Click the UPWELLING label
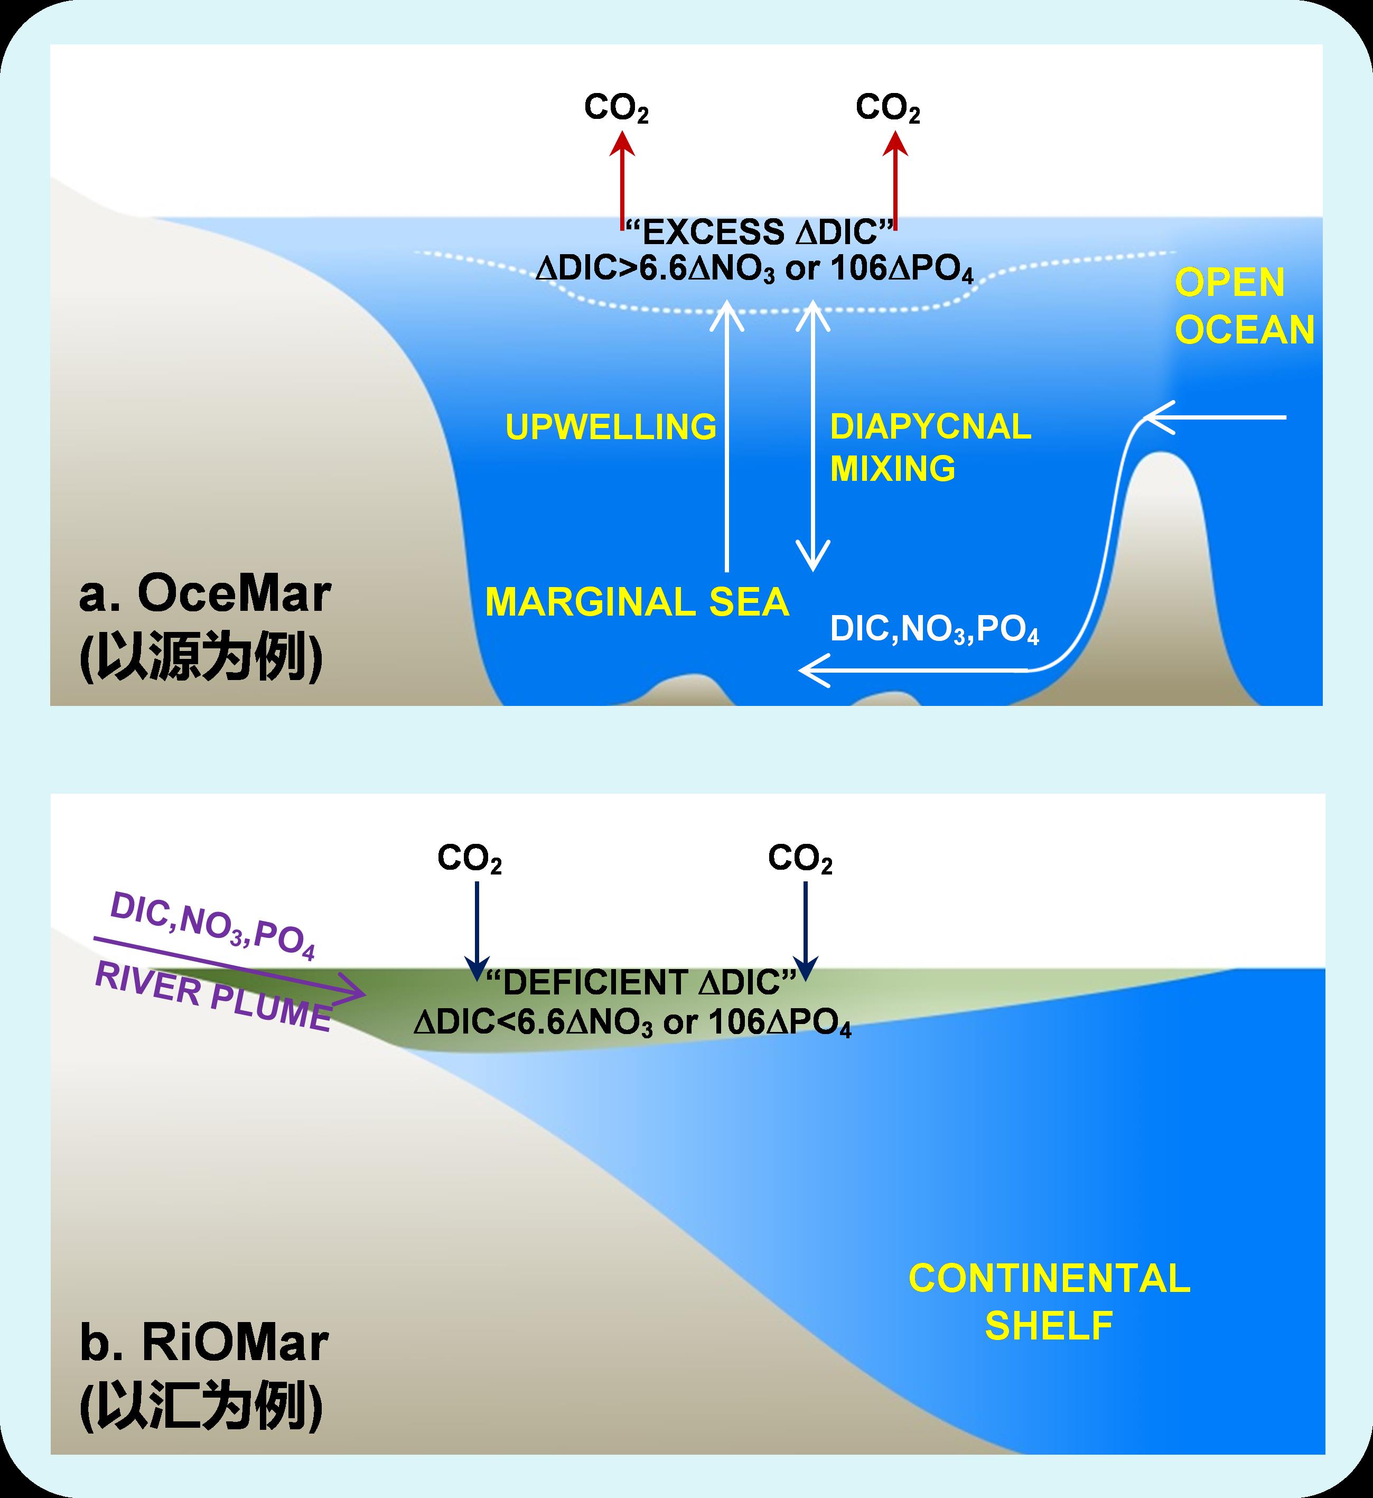coord(611,426)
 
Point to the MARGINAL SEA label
coord(637,602)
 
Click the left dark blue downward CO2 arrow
coord(476,929)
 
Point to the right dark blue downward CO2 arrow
coord(806,929)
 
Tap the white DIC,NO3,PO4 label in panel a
coord(934,630)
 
